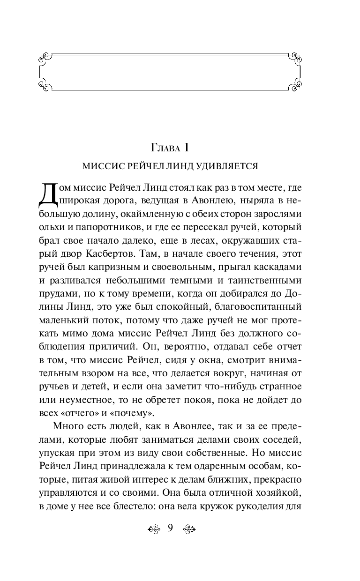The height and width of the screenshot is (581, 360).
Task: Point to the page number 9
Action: (170, 528)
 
